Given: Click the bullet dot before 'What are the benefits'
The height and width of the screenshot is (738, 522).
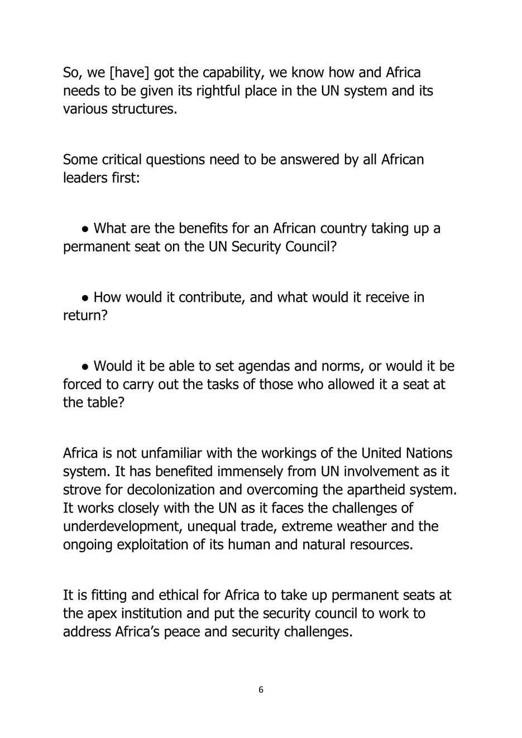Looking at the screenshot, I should click(x=85, y=229).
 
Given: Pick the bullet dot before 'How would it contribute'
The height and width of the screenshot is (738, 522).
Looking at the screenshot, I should click(x=85, y=298).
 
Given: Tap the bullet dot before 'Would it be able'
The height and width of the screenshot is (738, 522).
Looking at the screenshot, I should click(x=85, y=367).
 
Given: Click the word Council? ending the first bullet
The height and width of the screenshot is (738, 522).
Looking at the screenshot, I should click(x=311, y=247).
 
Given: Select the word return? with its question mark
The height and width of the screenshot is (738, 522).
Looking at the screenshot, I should click(x=85, y=316).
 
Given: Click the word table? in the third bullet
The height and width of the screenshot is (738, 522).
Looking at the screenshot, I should click(x=104, y=402).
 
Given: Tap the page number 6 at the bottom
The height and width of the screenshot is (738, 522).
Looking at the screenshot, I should click(x=261, y=690).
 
